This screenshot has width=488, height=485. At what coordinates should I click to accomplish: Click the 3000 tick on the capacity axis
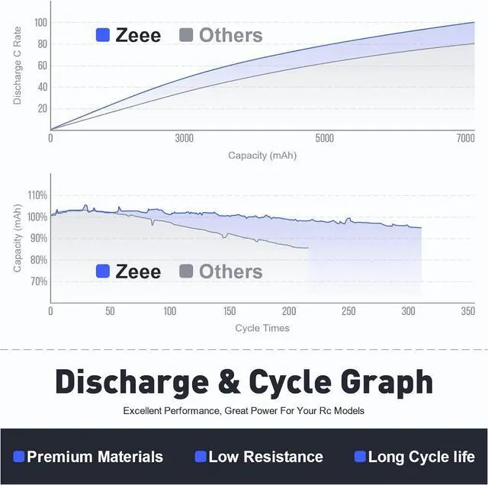184,138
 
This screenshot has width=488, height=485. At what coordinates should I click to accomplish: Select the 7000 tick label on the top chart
465,138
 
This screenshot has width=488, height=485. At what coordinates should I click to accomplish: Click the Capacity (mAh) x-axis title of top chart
262,155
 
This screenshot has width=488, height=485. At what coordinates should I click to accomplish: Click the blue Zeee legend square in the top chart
103,35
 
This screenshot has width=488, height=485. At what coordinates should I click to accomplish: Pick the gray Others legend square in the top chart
186,35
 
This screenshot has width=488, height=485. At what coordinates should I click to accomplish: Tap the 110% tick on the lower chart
37,195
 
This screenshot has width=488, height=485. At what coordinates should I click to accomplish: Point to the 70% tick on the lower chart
37,281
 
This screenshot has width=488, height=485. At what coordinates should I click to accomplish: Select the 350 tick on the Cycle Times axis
467,311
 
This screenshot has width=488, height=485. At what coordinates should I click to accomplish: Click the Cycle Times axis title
262,328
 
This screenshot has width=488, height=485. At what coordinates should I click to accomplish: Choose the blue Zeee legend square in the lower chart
103,271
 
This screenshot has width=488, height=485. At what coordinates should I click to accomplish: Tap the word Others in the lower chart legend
230,271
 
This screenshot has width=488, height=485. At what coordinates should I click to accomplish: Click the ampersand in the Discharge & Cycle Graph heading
230,381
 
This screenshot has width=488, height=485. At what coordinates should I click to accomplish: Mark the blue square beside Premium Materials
19,457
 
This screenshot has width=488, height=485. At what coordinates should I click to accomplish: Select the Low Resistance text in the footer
265,457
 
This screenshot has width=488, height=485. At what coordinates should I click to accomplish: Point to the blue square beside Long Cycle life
360,457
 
